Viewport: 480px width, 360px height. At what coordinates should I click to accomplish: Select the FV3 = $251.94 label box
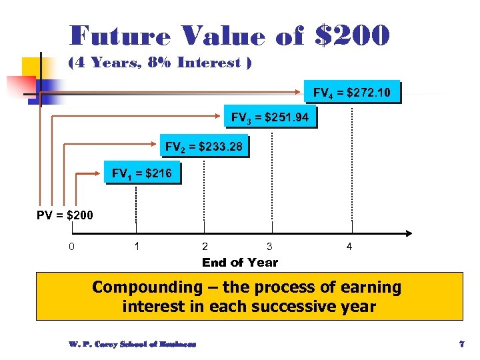(x=269, y=118)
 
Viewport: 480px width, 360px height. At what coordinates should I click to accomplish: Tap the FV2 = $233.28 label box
(x=204, y=146)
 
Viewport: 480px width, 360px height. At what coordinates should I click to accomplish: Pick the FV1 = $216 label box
(x=142, y=174)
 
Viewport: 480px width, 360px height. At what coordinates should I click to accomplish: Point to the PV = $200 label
(x=65, y=215)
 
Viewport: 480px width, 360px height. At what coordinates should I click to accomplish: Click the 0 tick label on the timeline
(x=72, y=247)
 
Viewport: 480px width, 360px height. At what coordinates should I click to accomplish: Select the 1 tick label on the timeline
(x=137, y=247)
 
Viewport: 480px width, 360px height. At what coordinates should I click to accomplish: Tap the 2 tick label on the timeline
(x=205, y=247)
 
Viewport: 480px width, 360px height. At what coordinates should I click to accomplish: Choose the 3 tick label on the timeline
(x=269, y=247)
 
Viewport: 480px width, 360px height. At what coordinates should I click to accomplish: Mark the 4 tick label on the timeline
(x=349, y=247)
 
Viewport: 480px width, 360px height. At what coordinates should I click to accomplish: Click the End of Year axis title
(x=240, y=263)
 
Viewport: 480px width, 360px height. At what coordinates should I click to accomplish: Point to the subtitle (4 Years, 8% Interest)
(x=160, y=63)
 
